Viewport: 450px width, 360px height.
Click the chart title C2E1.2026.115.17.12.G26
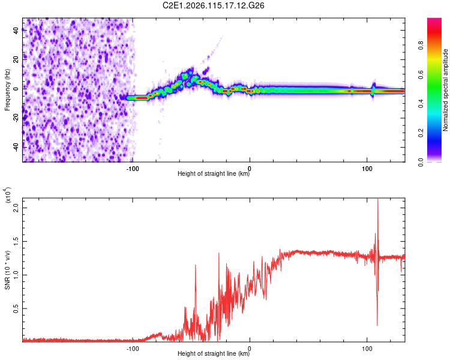(x=214, y=5)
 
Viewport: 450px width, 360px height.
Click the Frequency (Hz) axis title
(x=7, y=89)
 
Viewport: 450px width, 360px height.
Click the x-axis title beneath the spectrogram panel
(x=214, y=175)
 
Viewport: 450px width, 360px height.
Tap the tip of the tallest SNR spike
(x=377, y=199)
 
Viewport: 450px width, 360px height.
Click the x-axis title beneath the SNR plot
(x=214, y=354)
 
